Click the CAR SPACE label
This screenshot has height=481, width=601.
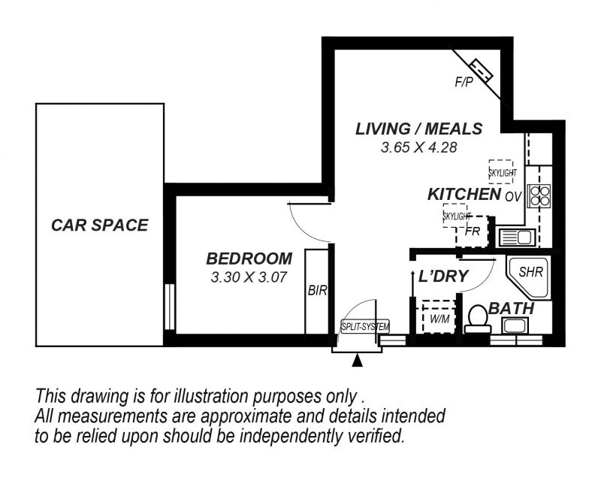click(100, 225)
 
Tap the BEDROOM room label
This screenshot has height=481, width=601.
click(249, 259)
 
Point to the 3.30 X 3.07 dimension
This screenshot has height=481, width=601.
click(249, 277)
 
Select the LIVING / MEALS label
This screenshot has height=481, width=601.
click(419, 129)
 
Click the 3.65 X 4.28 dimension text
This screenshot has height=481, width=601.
click(419, 147)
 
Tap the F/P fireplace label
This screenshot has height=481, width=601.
click(464, 82)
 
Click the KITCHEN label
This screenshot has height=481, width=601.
click(464, 195)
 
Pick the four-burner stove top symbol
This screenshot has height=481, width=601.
click(539, 196)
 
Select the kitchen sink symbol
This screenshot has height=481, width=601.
click(517, 237)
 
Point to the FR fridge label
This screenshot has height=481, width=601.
click(473, 231)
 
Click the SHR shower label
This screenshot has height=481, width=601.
click(531, 272)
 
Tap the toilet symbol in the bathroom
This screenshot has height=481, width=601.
click(478, 319)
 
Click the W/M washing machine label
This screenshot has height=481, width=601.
click(439, 319)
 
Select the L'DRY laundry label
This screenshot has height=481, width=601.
click(443, 276)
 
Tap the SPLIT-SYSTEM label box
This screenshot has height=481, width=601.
click(365, 327)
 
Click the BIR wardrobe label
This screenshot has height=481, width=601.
click(317, 291)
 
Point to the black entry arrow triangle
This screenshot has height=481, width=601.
click(358, 361)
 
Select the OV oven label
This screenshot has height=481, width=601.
click(513, 197)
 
